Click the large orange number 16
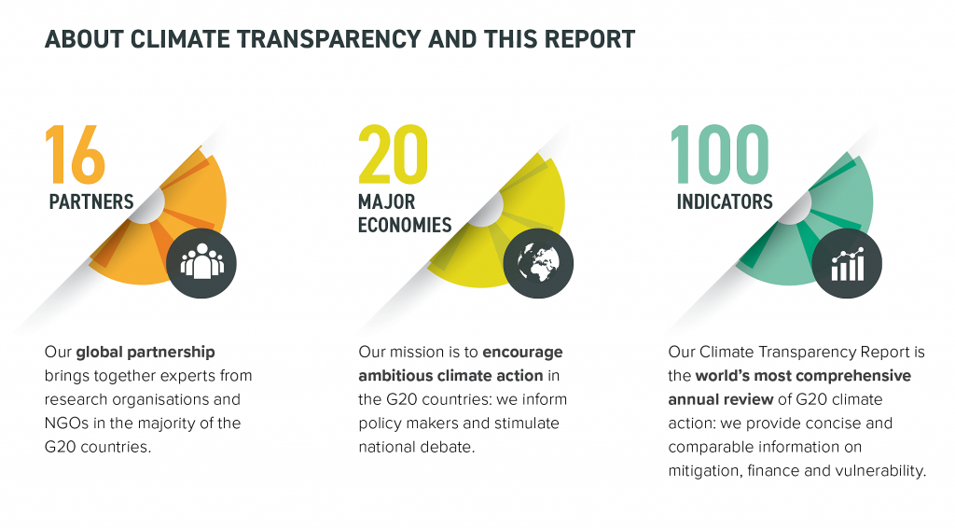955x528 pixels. [x=75, y=154]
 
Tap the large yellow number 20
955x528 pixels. [x=393, y=154]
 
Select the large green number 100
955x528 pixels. [x=719, y=154]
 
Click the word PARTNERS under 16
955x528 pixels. [x=90, y=201]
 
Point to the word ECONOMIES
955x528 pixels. [x=405, y=225]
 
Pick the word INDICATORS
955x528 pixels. [x=724, y=201]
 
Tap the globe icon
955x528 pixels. [x=538, y=263]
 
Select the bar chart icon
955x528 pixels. [x=847, y=263]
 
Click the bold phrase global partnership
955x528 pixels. [x=145, y=353]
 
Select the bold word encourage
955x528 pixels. [x=522, y=353]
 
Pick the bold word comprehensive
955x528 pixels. [x=849, y=376]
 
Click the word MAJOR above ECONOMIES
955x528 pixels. [x=386, y=201]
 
